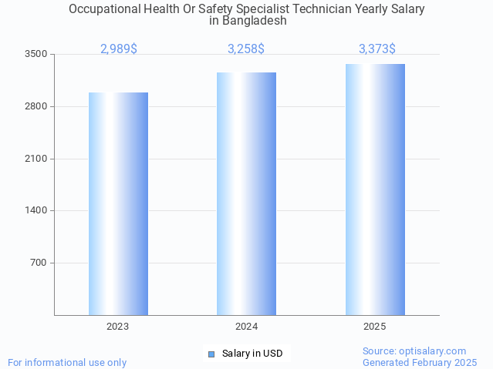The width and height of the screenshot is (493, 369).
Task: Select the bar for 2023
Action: pos(118,203)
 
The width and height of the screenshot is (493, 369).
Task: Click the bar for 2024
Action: pos(246,193)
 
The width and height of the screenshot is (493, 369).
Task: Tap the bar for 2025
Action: pos(375,189)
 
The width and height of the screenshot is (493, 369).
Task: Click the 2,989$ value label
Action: pos(119,49)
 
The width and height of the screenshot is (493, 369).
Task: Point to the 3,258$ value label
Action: pos(246,49)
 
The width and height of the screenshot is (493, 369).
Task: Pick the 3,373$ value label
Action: pos(377,49)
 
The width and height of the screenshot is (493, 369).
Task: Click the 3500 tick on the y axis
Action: pos(36,54)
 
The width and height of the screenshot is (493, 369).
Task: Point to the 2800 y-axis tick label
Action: pos(36,106)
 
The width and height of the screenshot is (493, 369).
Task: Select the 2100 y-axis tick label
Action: pos(36,159)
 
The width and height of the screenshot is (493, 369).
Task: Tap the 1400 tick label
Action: pos(36,210)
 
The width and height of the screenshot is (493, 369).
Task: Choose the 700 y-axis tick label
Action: pos(39,263)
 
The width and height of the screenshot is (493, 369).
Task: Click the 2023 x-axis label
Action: pos(118,327)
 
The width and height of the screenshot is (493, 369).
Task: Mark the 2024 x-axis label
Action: pos(246,327)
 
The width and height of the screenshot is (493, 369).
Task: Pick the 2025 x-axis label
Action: pos(375,327)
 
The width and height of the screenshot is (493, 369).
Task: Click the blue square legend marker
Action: pos(211,354)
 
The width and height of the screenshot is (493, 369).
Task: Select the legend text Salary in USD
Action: pos(252,354)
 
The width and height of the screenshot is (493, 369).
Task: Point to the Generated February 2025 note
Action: pos(420,362)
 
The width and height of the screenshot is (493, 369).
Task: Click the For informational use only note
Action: pos(67,362)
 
